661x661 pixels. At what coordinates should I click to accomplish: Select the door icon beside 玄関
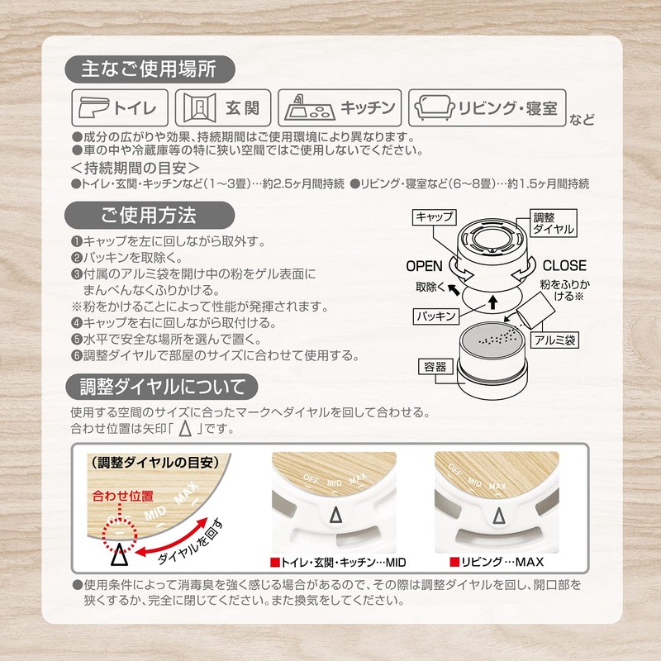(x=196, y=107)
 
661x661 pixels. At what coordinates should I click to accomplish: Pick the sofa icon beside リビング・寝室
(x=435, y=107)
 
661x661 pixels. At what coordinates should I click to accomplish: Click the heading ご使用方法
(x=149, y=216)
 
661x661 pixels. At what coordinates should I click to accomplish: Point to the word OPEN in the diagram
(x=425, y=266)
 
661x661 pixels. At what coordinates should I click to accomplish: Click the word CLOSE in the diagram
(x=564, y=266)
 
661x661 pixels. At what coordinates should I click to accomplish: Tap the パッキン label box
(x=435, y=316)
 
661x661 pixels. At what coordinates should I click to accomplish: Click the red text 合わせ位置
(x=123, y=496)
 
